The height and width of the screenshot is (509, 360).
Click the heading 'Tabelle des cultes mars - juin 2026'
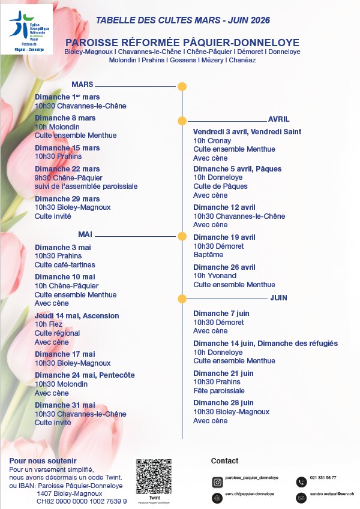point(183,20)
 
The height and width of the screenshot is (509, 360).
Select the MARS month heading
point(82,85)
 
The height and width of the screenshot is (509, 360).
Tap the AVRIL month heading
point(278,119)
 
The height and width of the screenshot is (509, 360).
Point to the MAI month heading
point(85,234)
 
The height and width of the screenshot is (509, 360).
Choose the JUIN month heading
point(278,297)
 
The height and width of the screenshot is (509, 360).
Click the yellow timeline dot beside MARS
point(182,86)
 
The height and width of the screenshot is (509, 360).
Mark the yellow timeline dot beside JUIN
point(182,298)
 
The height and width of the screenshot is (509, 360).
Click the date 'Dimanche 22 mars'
point(67,169)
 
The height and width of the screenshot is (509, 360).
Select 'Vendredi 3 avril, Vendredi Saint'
point(247,132)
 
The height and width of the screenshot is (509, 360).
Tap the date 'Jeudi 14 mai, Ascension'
point(77,316)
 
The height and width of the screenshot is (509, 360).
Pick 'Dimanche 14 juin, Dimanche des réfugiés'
point(265,344)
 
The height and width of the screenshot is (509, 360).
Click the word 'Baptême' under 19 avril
point(207,255)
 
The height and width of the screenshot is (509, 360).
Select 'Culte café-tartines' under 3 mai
point(65,265)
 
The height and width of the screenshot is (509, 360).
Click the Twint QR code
point(154,477)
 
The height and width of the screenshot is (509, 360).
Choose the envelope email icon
point(301,498)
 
